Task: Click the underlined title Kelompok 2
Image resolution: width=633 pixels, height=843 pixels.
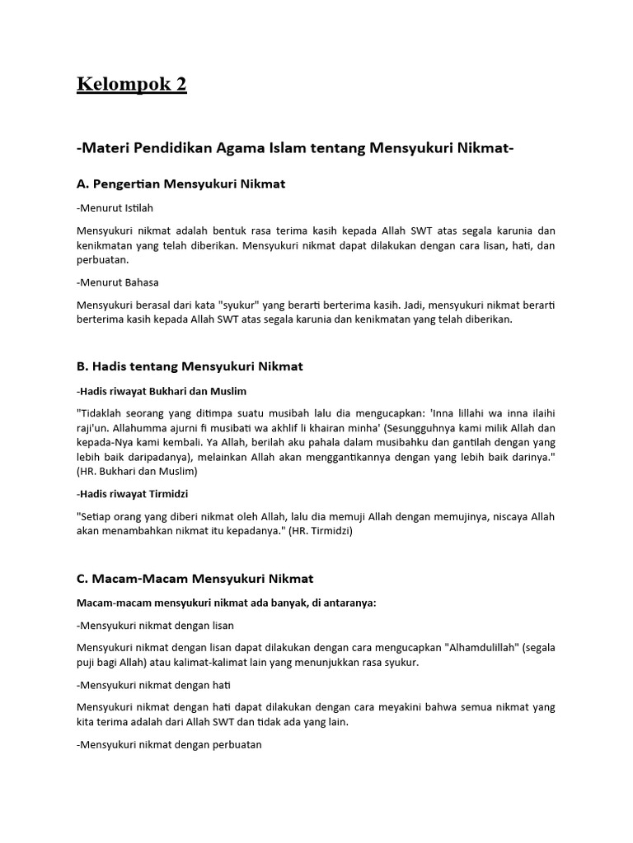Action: [132, 84]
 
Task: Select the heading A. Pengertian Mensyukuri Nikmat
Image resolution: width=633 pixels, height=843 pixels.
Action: [181, 184]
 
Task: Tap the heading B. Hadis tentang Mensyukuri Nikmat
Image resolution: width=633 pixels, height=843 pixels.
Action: [190, 366]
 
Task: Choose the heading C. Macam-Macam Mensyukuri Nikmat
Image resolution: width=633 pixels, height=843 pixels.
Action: [195, 579]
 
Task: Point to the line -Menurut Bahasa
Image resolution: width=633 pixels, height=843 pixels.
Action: [117, 282]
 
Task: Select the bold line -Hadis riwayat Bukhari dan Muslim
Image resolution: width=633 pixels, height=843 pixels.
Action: [161, 390]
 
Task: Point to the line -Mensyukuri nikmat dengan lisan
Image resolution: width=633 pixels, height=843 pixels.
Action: [155, 626]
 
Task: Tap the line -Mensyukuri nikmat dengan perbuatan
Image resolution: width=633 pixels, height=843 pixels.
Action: [169, 744]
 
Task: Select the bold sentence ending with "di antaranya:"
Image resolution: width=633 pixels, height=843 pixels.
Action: [226, 603]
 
